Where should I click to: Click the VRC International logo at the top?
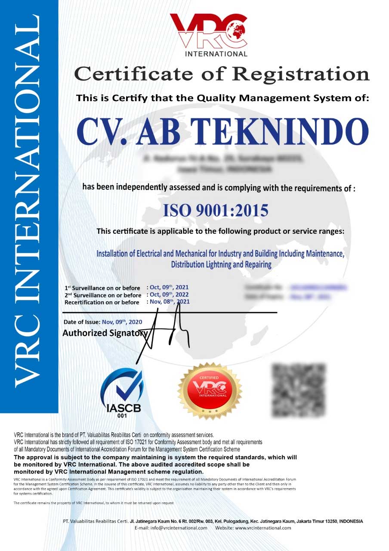coord(209,35)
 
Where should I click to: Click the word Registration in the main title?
coord(301,74)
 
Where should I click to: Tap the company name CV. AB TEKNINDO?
coord(222,130)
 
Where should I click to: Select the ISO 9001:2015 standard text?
coord(216,210)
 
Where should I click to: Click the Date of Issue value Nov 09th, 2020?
coord(122,322)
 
